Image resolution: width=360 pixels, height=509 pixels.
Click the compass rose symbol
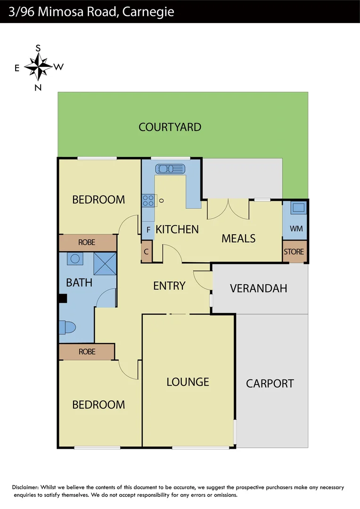38,67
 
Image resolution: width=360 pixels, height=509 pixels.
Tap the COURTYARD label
170,127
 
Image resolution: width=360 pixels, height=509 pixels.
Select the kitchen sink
171,168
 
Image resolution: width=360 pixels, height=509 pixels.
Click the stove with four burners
148,201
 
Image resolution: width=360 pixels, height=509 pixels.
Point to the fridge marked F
148,230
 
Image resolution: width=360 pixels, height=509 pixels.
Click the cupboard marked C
147,252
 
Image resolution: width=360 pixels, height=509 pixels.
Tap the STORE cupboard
294,252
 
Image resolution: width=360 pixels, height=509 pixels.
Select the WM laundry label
296,229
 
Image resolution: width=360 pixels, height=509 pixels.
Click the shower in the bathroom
105,263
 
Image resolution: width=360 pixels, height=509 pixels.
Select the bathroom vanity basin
74,259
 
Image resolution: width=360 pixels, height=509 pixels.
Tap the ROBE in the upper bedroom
87,242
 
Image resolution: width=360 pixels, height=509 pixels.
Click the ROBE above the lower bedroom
87,352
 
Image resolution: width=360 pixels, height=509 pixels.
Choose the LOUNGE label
188,382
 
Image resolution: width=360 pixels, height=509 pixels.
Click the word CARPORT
270,384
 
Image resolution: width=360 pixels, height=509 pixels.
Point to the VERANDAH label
258,288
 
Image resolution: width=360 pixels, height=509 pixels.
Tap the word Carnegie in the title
148,12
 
